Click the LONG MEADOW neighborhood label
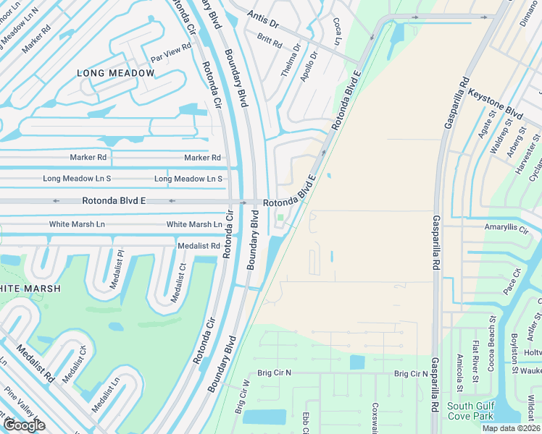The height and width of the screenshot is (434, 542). click(116, 73)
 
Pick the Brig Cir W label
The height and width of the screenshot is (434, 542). click(241, 396)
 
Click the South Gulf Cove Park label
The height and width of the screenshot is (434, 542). click(471, 410)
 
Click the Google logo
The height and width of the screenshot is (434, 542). click(24, 425)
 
